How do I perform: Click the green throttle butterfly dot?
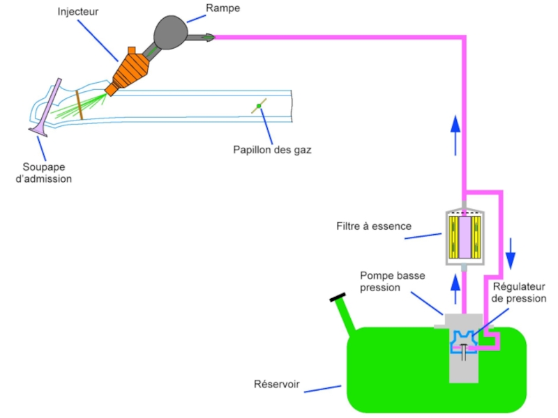point(259,106)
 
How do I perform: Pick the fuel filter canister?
point(464,235)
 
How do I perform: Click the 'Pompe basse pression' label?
point(393,281)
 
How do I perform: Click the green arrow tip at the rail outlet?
point(209,37)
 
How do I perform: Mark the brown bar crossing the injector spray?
point(80,109)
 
